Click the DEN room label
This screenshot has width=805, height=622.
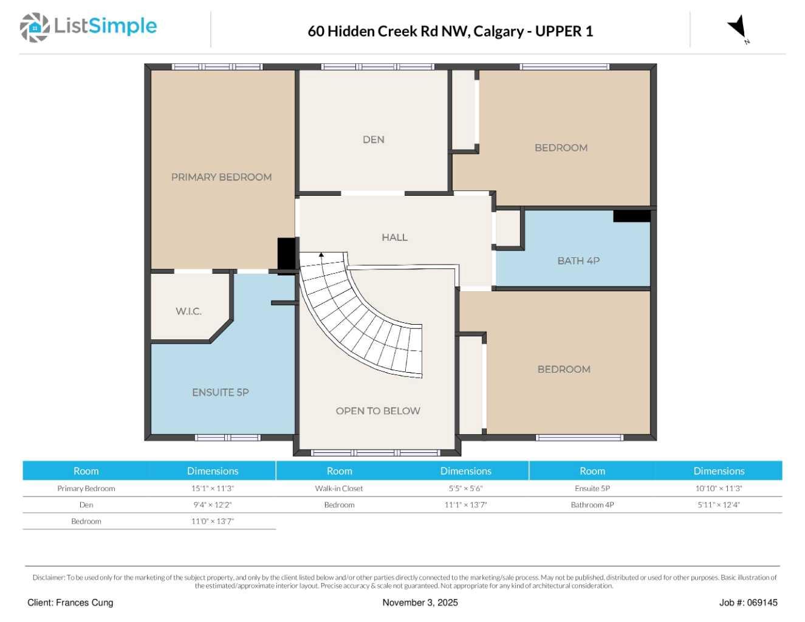(373, 140)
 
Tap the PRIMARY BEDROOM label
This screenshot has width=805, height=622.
(221, 177)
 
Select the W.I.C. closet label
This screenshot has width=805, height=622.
(188, 311)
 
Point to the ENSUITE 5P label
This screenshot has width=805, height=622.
(221, 392)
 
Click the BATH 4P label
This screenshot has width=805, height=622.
(578, 261)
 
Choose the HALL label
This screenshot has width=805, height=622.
(394, 237)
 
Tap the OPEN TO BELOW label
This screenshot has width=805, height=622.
(378, 410)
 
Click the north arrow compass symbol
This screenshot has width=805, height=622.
(738, 28)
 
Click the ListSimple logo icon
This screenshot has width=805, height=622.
(35, 27)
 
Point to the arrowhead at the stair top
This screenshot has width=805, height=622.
(321, 255)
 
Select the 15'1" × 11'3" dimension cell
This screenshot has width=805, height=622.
(212, 488)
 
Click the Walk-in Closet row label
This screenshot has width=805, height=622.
(339, 488)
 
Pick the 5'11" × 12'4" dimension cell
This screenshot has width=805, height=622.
(718, 505)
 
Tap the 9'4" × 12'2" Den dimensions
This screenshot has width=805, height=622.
(212, 505)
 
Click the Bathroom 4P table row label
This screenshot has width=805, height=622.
(592, 505)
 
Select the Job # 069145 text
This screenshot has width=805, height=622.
(748, 603)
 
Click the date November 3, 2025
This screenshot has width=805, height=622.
(420, 603)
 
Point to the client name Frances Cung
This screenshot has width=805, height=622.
(84, 603)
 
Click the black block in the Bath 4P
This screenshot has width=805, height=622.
(632, 216)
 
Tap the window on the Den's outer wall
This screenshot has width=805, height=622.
(377, 67)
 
